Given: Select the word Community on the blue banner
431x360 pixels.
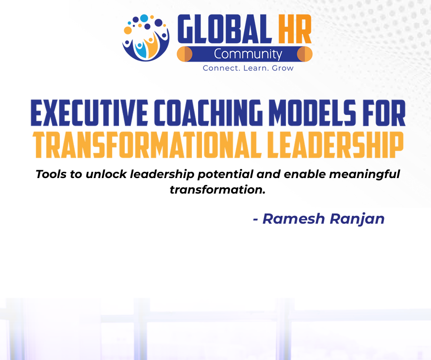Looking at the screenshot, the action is coord(248,54).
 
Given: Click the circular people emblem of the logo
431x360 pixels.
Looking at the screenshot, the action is coord(146,38).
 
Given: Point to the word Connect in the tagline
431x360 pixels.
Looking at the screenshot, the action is coord(221,68).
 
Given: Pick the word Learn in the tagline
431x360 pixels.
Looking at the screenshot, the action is coord(256,68).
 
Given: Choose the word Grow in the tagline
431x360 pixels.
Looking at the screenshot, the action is coord(282,68).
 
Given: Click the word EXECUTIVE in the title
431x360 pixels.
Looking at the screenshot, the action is coord(89,113).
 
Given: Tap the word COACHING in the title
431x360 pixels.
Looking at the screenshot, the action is coord(208,113).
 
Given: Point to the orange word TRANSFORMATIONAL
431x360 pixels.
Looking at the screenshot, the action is coord(147,145).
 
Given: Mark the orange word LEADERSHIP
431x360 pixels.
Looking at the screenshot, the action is coord(335,145).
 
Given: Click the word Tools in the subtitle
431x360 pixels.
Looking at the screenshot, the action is coord(51,174).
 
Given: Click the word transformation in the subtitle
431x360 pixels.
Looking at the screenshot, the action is coord(217,190).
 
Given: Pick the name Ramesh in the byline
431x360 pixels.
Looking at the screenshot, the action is coord(294,219).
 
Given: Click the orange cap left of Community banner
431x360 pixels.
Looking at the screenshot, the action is coord(184,54).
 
